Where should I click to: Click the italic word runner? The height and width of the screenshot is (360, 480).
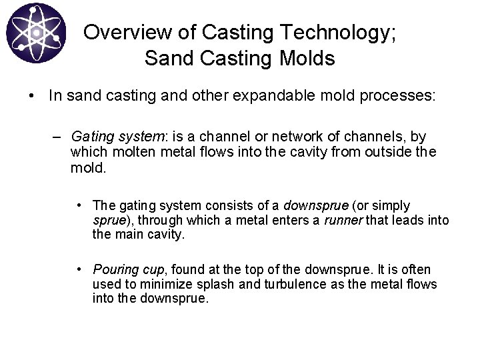[x=343, y=219]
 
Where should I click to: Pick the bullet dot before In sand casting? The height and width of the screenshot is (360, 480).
[x=32, y=95]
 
